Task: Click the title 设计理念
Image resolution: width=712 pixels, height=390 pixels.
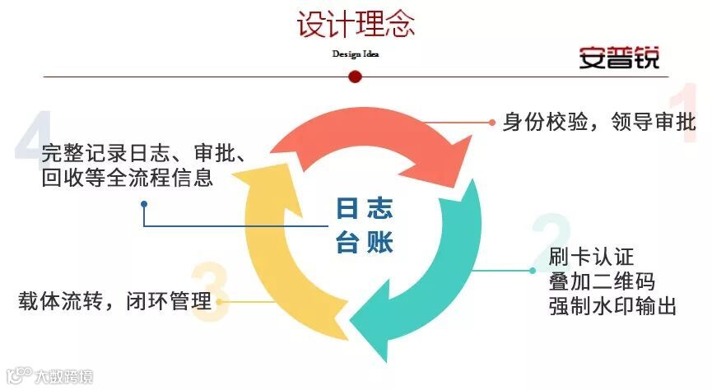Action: [x=356, y=24]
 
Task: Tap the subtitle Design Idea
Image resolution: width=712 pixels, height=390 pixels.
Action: [x=355, y=54]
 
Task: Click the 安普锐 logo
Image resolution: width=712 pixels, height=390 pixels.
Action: [x=619, y=57]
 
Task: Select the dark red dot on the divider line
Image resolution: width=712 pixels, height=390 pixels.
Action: [x=356, y=77]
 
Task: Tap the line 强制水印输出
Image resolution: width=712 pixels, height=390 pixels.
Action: [x=612, y=306]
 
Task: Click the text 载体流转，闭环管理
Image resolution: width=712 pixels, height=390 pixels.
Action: [x=114, y=300]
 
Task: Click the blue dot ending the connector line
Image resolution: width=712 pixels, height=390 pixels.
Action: [x=144, y=203]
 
